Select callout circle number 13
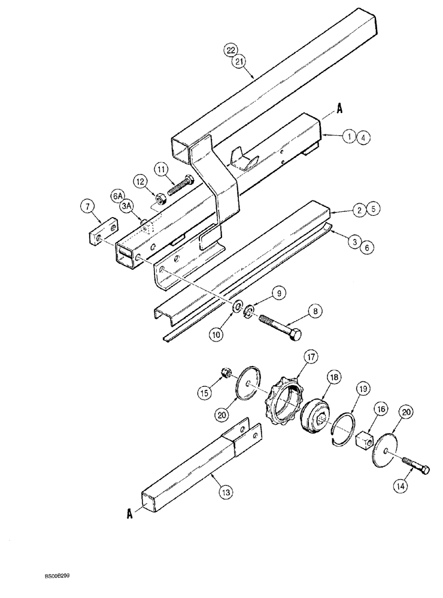(x=226, y=492)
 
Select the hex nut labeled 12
(x=159, y=198)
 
